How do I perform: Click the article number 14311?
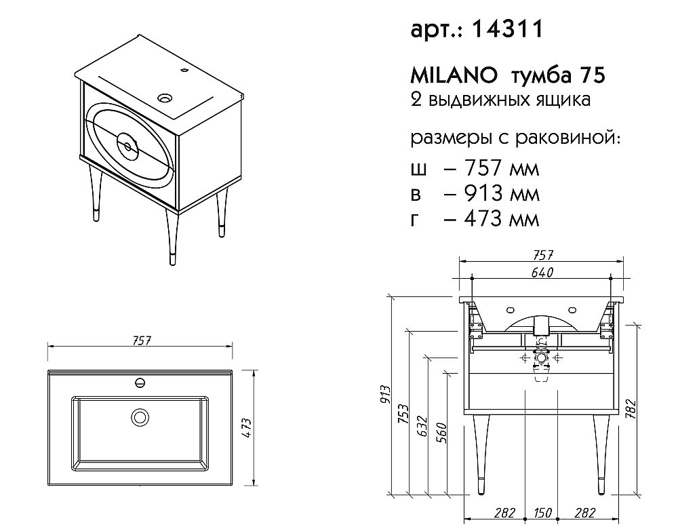click(508, 29)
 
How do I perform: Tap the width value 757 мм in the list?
click(501, 168)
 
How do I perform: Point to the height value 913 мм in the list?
click(501, 193)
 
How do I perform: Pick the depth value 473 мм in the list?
click(501, 219)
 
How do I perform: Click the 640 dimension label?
click(542, 273)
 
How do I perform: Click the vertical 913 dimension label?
click(386, 395)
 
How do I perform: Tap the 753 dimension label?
click(403, 414)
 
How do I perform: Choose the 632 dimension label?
click(422, 426)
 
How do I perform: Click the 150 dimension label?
click(542, 513)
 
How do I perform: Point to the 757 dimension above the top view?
click(142, 340)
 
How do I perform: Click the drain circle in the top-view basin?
click(140, 417)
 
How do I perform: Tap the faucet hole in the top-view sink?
click(140, 383)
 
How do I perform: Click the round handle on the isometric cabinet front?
click(127, 146)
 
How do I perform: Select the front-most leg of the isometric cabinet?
click(172, 237)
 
